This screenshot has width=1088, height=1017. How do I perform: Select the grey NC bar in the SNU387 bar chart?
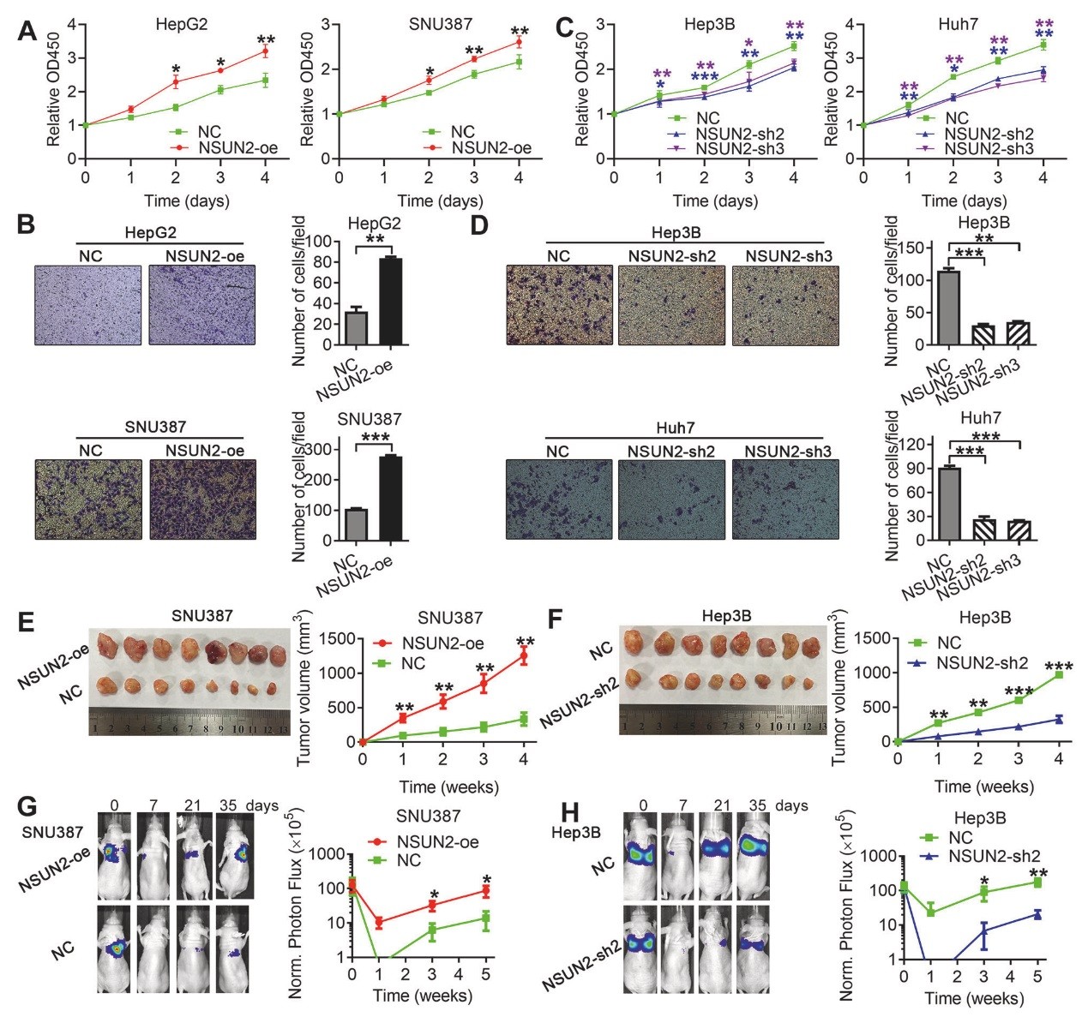[x=356, y=525]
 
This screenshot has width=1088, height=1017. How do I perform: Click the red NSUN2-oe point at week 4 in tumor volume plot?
[x=523, y=656]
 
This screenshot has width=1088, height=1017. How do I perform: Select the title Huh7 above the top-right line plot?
[x=957, y=24]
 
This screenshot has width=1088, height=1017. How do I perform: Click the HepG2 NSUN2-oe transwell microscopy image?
[x=201, y=304]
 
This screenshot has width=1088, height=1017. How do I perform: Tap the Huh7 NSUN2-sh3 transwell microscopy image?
[x=784, y=500]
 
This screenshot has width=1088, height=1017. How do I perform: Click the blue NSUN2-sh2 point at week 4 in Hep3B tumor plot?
[x=1059, y=720]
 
